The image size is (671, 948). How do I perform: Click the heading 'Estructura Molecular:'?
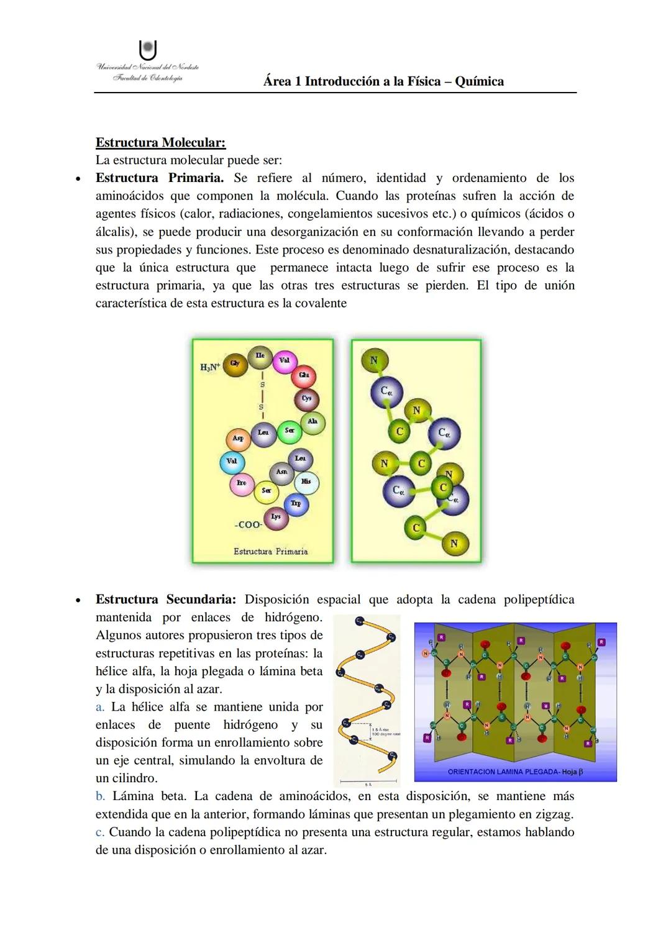click(160, 142)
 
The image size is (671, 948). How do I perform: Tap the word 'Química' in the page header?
click(479, 81)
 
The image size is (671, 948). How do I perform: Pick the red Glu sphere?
click(304, 376)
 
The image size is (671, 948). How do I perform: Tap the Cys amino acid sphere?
click(306, 399)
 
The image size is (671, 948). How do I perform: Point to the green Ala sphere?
click(313, 422)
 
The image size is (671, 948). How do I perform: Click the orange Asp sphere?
click(237, 439)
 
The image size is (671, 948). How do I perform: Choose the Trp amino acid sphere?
click(296, 504)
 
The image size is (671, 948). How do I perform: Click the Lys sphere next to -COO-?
click(276, 517)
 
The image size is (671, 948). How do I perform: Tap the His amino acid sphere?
click(306, 482)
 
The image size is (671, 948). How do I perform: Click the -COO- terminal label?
click(249, 525)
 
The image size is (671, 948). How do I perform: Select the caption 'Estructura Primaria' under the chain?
click(270, 552)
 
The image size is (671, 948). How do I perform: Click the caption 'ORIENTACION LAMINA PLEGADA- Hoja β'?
click(515, 772)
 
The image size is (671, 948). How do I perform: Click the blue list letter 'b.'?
click(100, 796)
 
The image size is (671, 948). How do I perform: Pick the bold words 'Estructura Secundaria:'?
click(166, 599)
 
